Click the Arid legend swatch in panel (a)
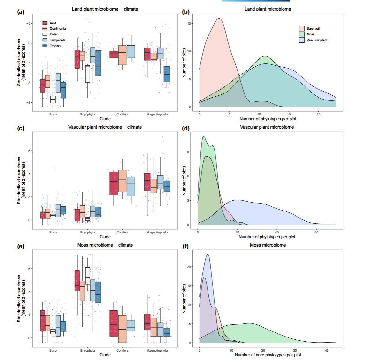45,23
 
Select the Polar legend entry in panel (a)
53,34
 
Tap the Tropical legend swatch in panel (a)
45,46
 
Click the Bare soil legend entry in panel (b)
313,29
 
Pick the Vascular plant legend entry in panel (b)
317,40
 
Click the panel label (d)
186,129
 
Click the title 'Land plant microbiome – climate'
105,9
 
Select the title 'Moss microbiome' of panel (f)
268,245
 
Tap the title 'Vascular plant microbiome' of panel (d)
267,127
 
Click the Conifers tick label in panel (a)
122,114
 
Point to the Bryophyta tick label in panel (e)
87,350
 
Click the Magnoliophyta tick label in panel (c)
157,232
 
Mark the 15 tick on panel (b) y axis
189,24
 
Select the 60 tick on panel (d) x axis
316,232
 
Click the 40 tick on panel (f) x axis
327,350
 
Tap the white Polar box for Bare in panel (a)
53,100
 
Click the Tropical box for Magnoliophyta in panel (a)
167,74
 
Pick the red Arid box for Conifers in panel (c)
114,183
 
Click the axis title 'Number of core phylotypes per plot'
268,355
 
